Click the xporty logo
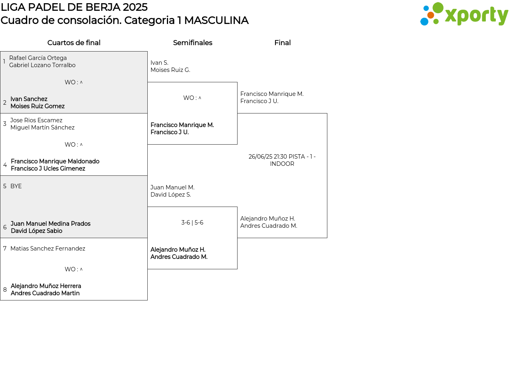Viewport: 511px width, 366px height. click(x=464, y=14)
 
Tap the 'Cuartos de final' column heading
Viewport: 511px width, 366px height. click(x=74, y=43)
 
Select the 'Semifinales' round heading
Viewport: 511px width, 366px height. click(x=192, y=43)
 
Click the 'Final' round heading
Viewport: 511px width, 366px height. click(x=282, y=43)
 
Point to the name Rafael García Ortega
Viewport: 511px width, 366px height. click(x=38, y=58)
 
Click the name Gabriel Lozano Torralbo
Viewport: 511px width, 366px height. click(x=42, y=65)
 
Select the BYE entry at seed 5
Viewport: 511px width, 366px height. click(x=16, y=186)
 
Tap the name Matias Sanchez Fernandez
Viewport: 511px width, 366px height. click(x=48, y=249)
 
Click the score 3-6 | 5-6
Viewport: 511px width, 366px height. click(x=192, y=223)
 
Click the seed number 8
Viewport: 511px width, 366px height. click(x=5, y=290)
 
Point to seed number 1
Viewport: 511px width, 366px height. click(x=4, y=61)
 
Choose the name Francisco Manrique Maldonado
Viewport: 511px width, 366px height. click(x=55, y=161)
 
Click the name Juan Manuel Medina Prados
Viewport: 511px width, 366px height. click(x=50, y=223)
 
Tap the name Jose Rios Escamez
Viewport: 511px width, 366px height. click(x=36, y=120)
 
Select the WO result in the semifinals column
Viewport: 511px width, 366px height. click(x=192, y=98)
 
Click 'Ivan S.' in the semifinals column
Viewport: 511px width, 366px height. click(x=159, y=63)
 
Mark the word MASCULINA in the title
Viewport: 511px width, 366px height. click(x=216, y=20)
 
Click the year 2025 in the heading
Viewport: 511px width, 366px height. click(x=135, y=7)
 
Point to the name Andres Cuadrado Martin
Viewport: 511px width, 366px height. click(x=45, y=293)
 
